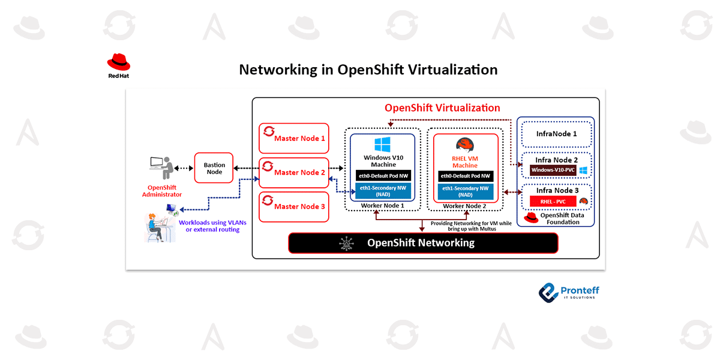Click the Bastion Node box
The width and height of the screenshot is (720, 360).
tap(214, 167)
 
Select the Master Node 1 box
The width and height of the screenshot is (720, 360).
tap(294, 138)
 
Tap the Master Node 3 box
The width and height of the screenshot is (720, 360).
tap(294, 206)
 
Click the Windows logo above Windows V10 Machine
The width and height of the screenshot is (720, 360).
tap(383, 145)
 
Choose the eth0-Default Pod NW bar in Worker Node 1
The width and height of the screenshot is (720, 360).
tap(383, 176)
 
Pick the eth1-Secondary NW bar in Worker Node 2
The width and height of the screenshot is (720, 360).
tap(466, 191)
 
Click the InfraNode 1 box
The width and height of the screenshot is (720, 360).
tap(556, 134)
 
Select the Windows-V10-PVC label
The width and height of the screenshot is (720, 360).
tap(553, 170)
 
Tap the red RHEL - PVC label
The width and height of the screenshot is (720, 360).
tap(549, 201)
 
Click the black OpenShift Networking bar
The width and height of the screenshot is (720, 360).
tap(423, 242)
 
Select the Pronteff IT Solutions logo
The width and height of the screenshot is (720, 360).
tap(568, 292)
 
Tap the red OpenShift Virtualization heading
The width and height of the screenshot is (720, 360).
tap(442, 108)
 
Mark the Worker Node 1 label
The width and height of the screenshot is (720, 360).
tap(382, 206)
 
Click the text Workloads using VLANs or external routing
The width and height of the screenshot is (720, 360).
tap(208, 226)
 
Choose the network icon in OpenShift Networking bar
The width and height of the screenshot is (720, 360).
tap(347, 242)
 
